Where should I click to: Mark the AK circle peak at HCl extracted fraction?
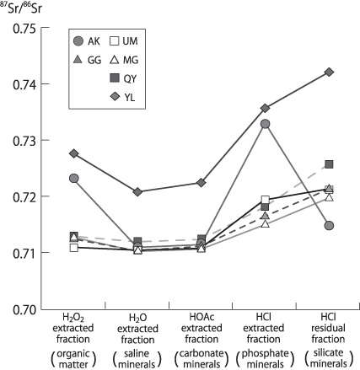265,124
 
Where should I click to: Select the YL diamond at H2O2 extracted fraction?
73,153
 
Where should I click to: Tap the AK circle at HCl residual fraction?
329,225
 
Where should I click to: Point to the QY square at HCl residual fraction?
329,164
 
